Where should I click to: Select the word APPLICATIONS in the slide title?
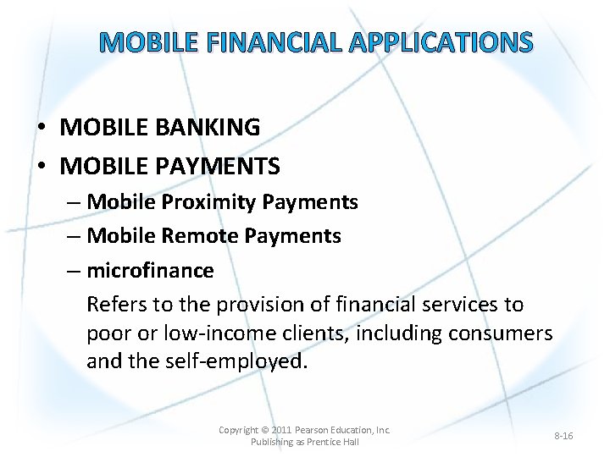441,42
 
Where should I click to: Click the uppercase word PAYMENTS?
216,167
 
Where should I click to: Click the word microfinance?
150,271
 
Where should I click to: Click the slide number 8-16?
563,436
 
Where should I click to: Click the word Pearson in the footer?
315,430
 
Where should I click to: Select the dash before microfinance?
72,271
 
